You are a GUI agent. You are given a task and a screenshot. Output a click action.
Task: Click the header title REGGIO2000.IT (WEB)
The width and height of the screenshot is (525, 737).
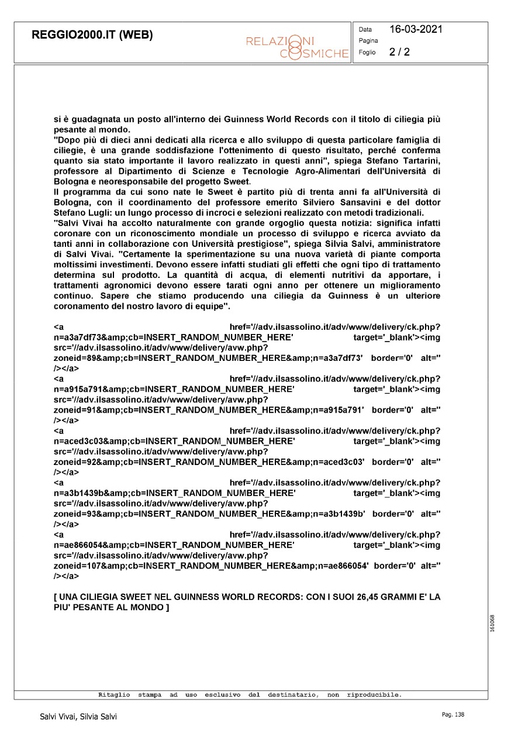pos(92,35)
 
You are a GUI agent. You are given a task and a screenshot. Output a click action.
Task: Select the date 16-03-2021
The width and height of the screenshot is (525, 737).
pos(416,29)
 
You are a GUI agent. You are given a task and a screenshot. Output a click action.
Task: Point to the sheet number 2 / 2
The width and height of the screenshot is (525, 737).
pos(399,52)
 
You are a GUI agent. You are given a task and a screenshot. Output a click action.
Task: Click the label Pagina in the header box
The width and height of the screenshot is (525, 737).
pos(368,41)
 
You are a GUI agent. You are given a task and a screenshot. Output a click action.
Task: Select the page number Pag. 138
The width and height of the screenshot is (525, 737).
pos(453,715)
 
